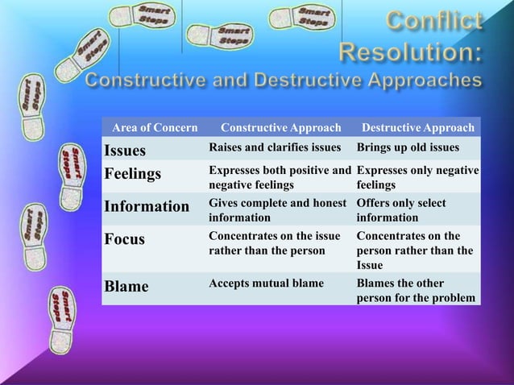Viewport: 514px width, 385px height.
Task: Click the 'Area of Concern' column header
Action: point(154,128)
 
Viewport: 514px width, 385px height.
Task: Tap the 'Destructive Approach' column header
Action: point(418,128)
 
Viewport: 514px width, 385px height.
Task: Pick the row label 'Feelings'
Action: point(132,174)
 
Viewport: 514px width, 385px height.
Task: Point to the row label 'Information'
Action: point(146,206)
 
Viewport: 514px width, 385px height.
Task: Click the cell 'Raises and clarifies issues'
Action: point(277,148)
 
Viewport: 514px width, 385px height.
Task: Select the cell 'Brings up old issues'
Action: point(408,148)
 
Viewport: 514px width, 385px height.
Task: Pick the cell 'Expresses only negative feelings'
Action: point(417,177)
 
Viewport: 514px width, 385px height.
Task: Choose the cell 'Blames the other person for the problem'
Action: point(415,291)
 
